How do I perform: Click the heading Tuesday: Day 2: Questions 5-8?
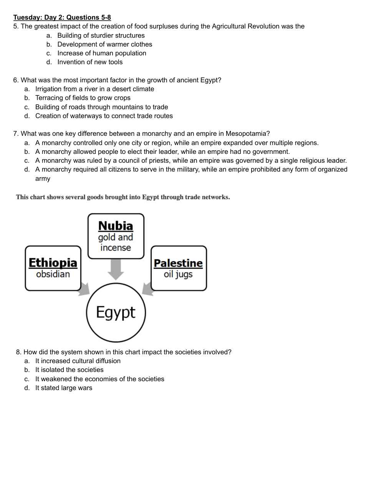pyautogui.click(x=62, y=17)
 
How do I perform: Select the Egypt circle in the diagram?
pyautogui.click(x=116, y=312)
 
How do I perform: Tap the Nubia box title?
pyautogui.click(x=116, y=226)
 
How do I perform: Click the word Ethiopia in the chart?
pyautogui.click(x=53, y=263)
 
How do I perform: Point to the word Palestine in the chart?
pyautogui.click(x=178, y=263)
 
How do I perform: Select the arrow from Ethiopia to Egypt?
pyautogui.click(x=84, y=290)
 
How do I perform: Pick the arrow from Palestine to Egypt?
pyautogui.click(x=147, y=289)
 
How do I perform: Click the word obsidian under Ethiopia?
pyautogui.click(x=53, y=274)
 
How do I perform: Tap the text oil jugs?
pyautogui.click(x=178, y=274)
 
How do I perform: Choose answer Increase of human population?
pyautogui.click(x=102, y=53)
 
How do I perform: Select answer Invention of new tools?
pyautogui.click(x=90, y=62)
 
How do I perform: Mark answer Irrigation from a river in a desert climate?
pyautogui.click(x=94, y=89)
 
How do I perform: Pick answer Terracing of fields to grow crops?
pyautogui.click(x=83, y=98)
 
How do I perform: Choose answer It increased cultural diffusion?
pyautogui.click(x=78, y=361)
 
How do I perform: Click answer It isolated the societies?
pyautogui.click(x=70, y=370)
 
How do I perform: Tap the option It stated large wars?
pyautogui.click(x=64, y=388)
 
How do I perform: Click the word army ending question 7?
pyautogui.click(x=43, y=178)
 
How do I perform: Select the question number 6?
pyautogui.click(x=15, y=80)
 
